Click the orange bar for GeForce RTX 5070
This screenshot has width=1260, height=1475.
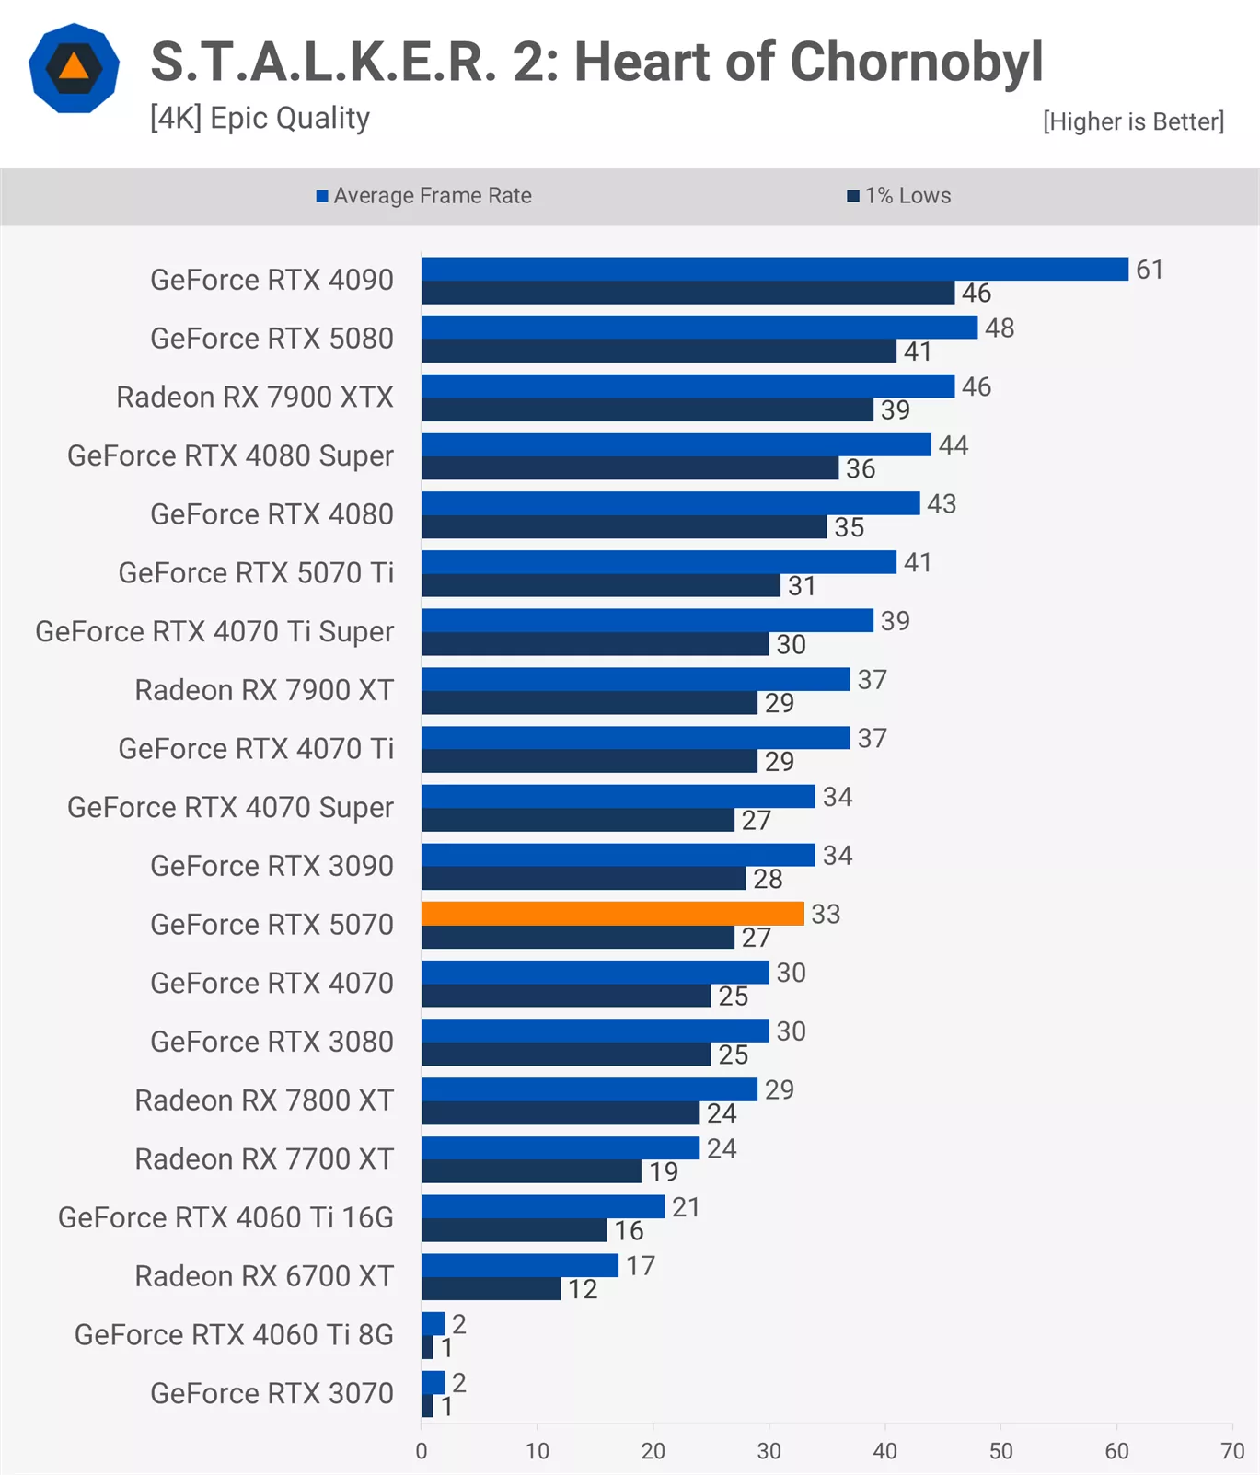pyautogui.click(x=612, y=914)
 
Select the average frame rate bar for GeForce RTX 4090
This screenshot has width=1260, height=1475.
pyautogui.click(x=774, y=269)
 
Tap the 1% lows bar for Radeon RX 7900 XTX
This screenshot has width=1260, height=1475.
pyautogui.click(x=647, y=409)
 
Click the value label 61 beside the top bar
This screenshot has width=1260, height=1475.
pyautogui.click(x=1150, y=270)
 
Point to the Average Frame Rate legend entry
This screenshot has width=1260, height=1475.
pyautogui.click(x=424, y=196)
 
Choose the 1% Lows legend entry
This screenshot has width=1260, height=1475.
pyautogui.click(x=899, y=196)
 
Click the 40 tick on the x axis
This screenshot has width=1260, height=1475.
pyautogui.click(x=884, y=1451)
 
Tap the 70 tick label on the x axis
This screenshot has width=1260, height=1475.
pyautogui.click(x=1232, y=1451)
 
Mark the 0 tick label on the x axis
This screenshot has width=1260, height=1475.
pyautogui.click(x=422, y=1451)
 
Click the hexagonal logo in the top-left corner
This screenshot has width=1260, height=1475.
pyautogui.click(x=74, y=68)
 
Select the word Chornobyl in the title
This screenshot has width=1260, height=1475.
pyautogui.click(x=916, y=63)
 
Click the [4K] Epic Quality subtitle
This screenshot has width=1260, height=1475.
pyautogui.click(x=260, y=119)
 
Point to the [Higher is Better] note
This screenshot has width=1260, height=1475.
pyautogui.click(x=1133, y=121)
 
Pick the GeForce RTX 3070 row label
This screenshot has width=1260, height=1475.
pyautogui.click(x=272, y=1393)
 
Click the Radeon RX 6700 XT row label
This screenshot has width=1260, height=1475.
pyautogui.click(x=264, y=1276)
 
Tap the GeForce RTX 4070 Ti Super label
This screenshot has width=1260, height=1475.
pyautogui.click(x=214, y=632)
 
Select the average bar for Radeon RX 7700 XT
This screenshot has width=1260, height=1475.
pyautogui.click(x=561, y=1148)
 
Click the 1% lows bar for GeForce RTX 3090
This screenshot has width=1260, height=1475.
pyautogui.click(x=584, y=879)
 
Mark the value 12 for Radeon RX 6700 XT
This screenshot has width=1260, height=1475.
pyautogui.click(x=583, y=1289)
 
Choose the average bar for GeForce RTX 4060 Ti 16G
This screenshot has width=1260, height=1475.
pyautogui.click(x=543, y=1206)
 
